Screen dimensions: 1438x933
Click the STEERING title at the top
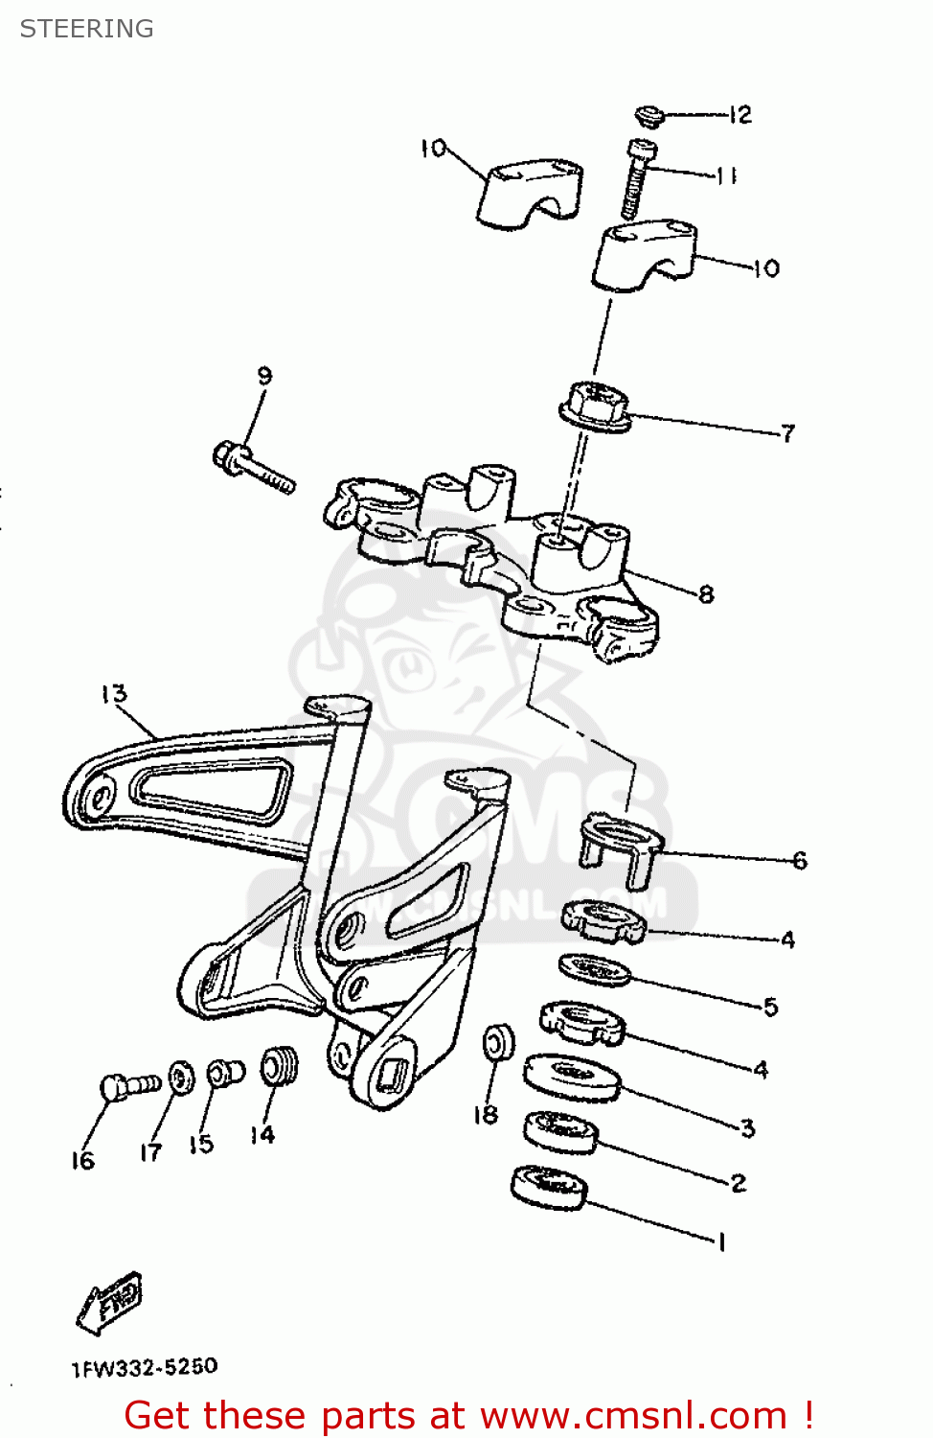pos(86,29)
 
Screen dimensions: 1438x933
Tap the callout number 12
pos(740,115)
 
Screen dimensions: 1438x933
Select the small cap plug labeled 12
pos(649,117)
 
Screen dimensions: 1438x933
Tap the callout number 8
pos(706,594)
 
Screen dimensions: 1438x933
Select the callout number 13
pos(113,693)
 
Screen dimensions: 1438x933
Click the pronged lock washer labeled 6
pos(620,843)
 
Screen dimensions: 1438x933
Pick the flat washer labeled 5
pos(595,969)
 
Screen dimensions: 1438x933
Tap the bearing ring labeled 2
pos(560,1131)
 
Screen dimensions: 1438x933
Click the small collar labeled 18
pos(498,1043)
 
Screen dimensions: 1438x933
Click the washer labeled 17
pos(180,1078)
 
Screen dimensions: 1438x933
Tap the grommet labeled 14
pos(280,1066)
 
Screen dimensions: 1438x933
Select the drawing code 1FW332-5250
pos(145,1366)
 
